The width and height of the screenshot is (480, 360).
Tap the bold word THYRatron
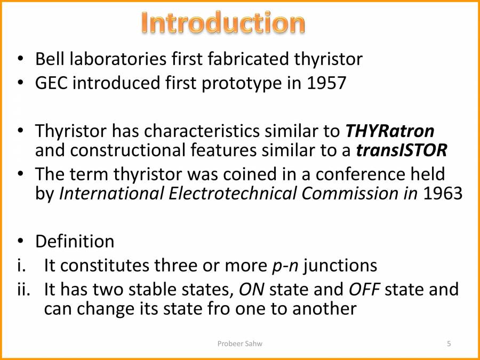[x=390, y=131]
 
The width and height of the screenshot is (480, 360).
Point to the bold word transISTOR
[x=401, y=151]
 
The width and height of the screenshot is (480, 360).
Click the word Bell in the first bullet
[x=49, y=59]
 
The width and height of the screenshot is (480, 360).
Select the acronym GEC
[x=52, y=83]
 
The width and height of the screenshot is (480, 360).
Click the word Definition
[x=75, y=242]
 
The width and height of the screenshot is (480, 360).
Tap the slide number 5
[x=449, y=344]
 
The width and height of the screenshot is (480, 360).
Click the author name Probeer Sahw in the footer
[x=239, y=344]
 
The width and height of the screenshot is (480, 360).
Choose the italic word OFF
[x=364, y=289]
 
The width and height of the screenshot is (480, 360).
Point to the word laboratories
[x=116, y=59]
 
